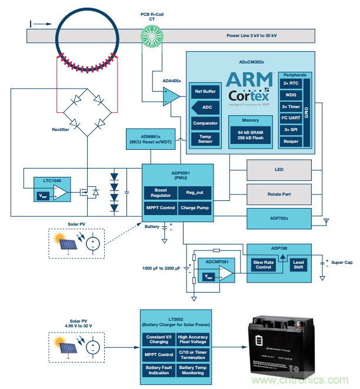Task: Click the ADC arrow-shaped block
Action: [x=205, y=108]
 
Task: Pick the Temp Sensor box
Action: [x=205, y=139]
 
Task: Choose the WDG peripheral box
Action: [x=291, y=95]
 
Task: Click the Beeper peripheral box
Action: [x=291, y=141]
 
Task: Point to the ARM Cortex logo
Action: [x=248, y=87]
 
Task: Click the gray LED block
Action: [x=279, y=170]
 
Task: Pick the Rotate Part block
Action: [x=279, y=193]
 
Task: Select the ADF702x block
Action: [x=279, y=217]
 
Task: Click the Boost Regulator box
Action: [x=160, y=192]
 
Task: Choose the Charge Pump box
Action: [x=193, y=208]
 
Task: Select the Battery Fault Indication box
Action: [x=158, y=371]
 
